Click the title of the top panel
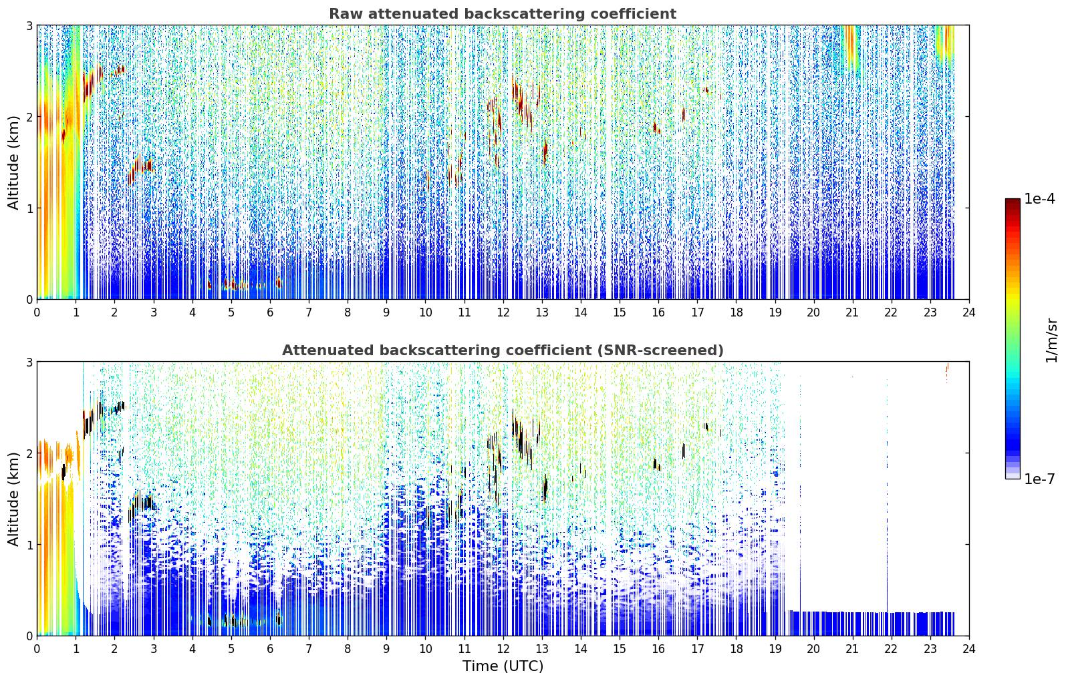coord(503,14)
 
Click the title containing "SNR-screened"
coord(503,351)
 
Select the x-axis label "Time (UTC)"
coord(503,666)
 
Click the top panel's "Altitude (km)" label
coord(13,163)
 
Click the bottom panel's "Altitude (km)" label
coord(13,499)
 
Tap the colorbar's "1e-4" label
coord(1039,199)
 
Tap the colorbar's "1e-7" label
coord(1039,479)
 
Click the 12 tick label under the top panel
coord(503,312)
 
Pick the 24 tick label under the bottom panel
coord(969,649)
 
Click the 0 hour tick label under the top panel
coord(37,312)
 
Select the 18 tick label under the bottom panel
coord(737,649)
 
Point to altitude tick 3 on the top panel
coord(29,25)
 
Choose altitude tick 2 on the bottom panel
coord(29,453)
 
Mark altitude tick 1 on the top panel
coord(29,208)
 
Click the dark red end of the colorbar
coord(1013,202)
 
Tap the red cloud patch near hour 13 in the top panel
coord(545,152)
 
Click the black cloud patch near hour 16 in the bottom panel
coord(656,464)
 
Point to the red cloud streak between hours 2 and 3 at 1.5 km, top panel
coord(140,170)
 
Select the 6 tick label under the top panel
coord(270,312)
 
